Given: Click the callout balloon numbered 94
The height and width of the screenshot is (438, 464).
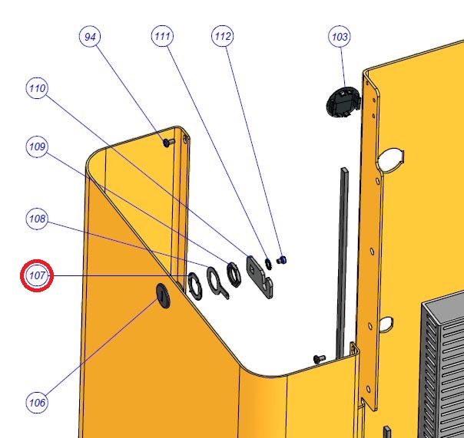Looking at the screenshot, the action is (90, 37).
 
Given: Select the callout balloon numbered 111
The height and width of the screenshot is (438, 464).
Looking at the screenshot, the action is (162, 36).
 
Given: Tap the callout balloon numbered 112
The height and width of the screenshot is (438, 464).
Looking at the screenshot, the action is (223, 36).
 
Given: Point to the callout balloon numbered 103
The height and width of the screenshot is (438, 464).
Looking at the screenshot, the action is (340, 37).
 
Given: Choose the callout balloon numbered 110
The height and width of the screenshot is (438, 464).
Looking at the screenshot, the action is (38, 88).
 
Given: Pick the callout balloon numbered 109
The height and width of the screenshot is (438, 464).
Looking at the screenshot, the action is (37, 147).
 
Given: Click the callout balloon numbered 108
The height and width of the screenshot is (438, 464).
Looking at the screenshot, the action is (37, 219).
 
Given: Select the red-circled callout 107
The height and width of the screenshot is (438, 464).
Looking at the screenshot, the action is (37, 275).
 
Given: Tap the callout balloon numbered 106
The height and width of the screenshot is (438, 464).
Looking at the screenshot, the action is (37, 403).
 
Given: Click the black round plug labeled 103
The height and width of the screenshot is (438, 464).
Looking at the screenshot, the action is (343, 102).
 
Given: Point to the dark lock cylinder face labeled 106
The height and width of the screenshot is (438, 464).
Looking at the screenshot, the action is (164, 296).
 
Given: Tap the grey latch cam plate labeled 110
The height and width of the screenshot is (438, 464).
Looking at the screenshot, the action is (260, 277).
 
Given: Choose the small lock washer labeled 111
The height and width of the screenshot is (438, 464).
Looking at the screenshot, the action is (268, 264).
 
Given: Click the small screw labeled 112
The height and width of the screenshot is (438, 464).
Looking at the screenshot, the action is (281, 260).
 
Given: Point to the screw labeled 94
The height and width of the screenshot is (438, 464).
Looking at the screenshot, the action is (169, 143).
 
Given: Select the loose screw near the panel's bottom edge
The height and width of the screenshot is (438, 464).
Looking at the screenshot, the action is (320, 359).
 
